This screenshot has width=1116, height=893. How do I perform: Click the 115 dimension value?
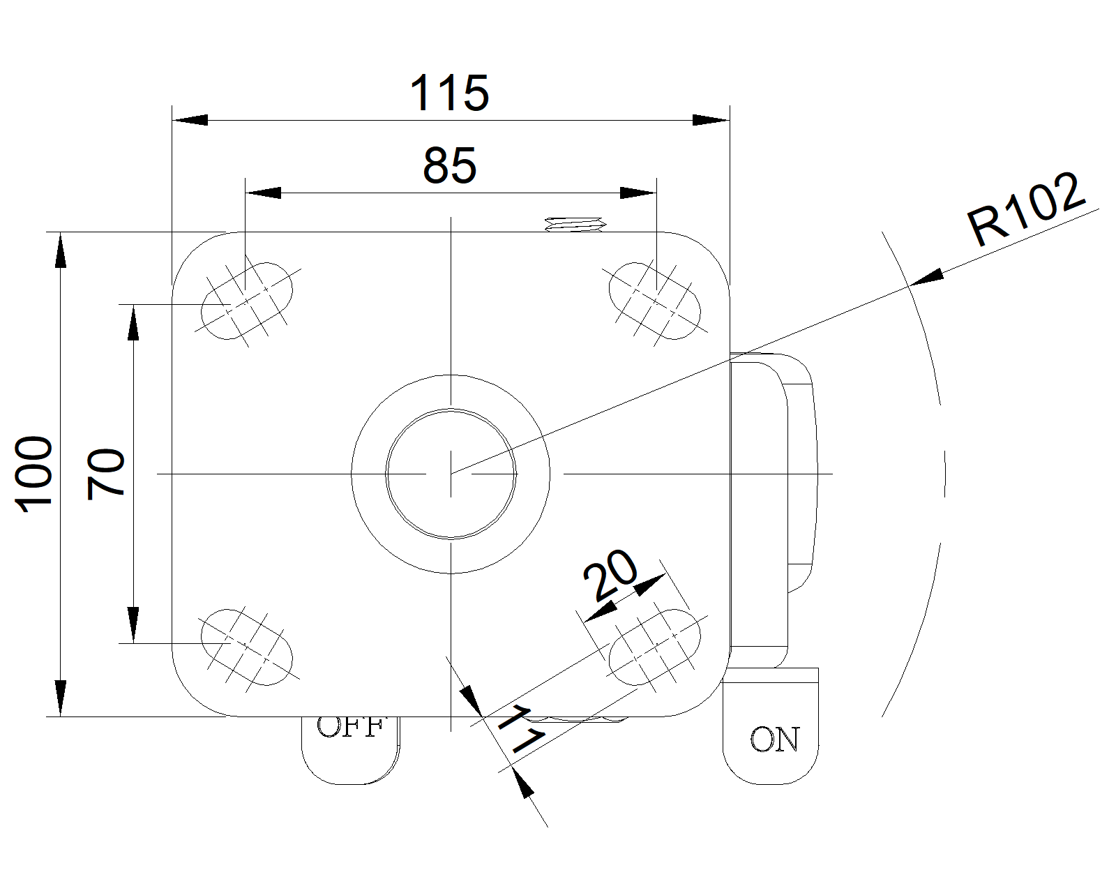pyautogui.click(x=449, y=93)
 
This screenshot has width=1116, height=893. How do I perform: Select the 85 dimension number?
pyautogui.click(x=450, y=166)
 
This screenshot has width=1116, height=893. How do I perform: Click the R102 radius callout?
pyautogui.click(x=1026, y=209)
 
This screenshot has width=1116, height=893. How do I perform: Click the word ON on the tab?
pyautogui.click(x=774, y=740)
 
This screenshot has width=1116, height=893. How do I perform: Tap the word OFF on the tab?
pyautogui.click(x=350, y=728)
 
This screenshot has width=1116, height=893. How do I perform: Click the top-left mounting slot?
pyautogui.click(x=247, y=301)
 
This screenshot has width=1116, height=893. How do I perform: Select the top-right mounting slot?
pyautogui.click(x=654, y=301)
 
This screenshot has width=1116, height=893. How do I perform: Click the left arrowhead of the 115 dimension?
pyautogui.click(x=190, y=120)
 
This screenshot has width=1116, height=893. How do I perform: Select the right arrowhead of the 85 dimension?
pyautogui.click(x=638, y=193)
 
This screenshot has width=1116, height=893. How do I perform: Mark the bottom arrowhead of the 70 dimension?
pyautogui.click(x=133, y=625)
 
